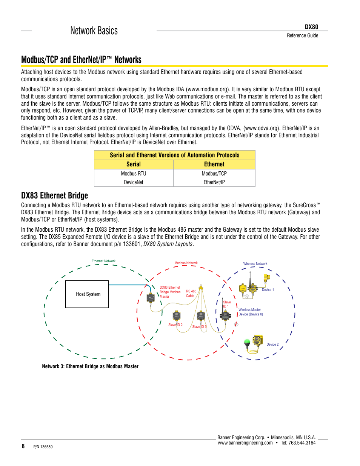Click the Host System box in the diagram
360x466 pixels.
click(87, 294)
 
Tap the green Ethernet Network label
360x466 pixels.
click(103, 261)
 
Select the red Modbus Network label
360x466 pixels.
click(186, 263)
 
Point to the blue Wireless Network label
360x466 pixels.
click(255, 264)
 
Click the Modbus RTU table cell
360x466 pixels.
click(133, 174)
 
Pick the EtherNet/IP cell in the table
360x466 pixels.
click(214, 182)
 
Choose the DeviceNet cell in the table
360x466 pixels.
click(133, 182)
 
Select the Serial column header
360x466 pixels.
click(133, 165)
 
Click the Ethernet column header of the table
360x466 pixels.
click(214, 165)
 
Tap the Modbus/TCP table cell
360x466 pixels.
click(214, 174)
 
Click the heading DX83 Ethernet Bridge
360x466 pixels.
click(54, 195)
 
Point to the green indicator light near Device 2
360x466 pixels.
click(247, 342)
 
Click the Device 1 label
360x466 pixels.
click(268, 290)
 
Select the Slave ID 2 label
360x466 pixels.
click(175, 325)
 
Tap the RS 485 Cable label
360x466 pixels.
click(191, 294)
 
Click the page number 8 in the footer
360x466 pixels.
click(23, 446)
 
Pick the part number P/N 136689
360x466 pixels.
click(43, 447)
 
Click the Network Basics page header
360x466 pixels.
click(94, 31)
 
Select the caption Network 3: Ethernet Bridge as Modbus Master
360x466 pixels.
click(90, 366)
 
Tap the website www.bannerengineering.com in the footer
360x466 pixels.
click(245, 443)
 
